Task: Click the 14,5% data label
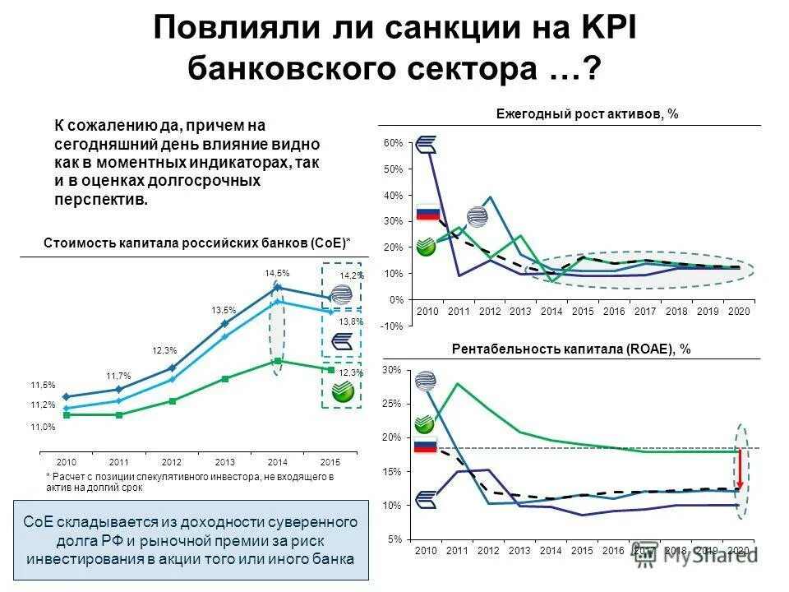coord(277,272)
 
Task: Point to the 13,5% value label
coord(224,310)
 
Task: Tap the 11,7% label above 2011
coord(118,375)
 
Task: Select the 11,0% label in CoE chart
coord(43,427)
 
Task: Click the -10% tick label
coord(392,326)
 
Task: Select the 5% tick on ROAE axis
coord(395,539)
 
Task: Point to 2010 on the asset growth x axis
coord(427,312)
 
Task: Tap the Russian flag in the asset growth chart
coord(428,212)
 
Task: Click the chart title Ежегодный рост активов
coord(587,114)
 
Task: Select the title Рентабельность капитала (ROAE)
coord(571,349)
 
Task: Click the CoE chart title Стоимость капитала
coord(196,243)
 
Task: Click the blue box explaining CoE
coord(190,540)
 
